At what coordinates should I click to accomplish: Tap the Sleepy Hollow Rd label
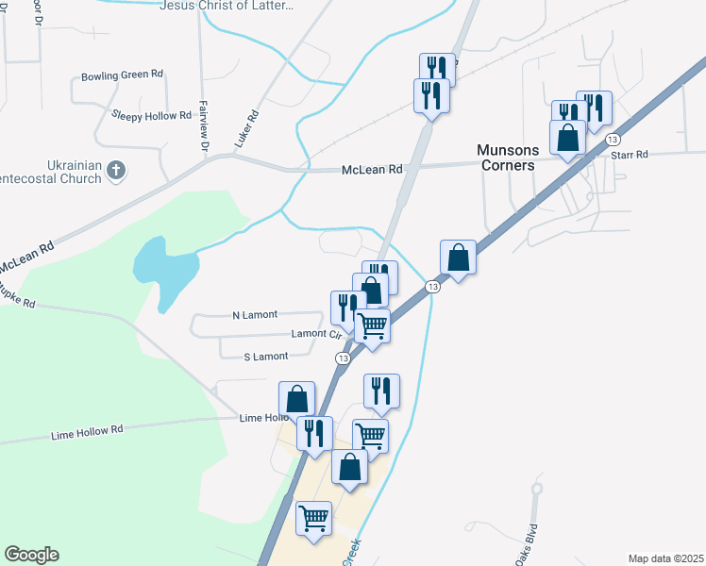151,115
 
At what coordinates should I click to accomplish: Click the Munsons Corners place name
506,158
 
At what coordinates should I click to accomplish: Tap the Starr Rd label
630,154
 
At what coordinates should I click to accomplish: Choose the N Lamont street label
255,315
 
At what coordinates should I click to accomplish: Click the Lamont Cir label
315,334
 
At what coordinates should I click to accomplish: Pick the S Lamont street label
265,357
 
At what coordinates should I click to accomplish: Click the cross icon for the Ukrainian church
116,171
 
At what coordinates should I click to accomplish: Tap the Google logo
31,555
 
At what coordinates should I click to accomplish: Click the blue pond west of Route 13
165,263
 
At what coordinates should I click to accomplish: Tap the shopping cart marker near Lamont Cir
373,325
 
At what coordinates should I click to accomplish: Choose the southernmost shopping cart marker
313,517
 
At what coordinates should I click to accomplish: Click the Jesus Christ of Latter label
227,5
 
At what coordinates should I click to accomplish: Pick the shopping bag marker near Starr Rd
567,138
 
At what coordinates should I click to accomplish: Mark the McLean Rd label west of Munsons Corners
371,170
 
